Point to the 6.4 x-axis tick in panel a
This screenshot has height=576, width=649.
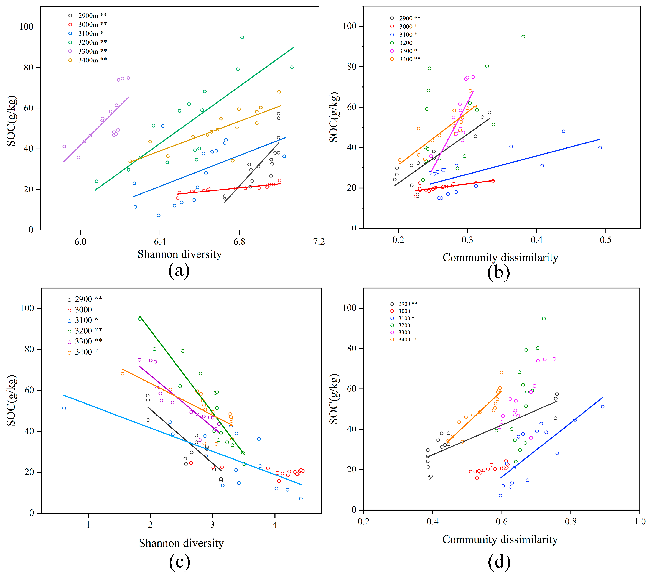point(160,242)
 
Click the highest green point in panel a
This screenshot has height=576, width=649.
point(242,37)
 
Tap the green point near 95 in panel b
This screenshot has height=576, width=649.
point(523,37)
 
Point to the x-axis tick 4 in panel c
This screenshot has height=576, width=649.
point(275,525)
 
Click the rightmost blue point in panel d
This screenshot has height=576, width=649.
point(603,407)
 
